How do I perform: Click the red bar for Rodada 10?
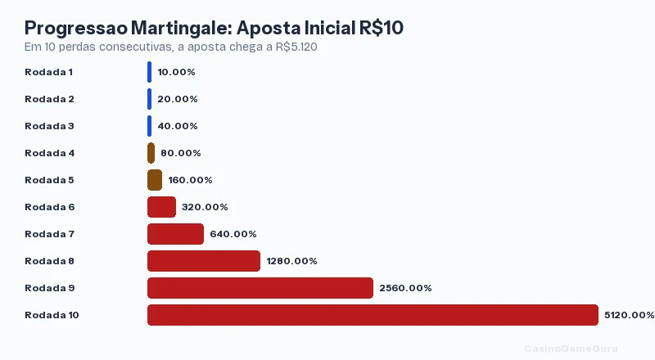point(373,315)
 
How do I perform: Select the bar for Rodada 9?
point(260,288)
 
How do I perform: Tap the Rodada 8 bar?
point(204,261)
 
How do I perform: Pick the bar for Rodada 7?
point(175,234)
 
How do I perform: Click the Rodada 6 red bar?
point(161,207)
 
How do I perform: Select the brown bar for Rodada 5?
point(155,180)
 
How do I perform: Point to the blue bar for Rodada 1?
point(149,72)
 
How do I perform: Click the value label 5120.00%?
point(629,315)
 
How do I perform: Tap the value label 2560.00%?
point(405,288)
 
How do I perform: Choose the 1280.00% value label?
point(291,261)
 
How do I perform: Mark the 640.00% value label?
point(233,234)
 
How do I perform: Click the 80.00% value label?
point(180,153)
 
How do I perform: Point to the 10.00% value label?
point(176,72)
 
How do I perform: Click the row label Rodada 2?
point(49,99)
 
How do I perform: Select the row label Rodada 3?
point(49,126)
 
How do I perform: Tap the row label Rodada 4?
point(49,153)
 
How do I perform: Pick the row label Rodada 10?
point(52,315)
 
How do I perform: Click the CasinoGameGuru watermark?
point(571,348)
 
